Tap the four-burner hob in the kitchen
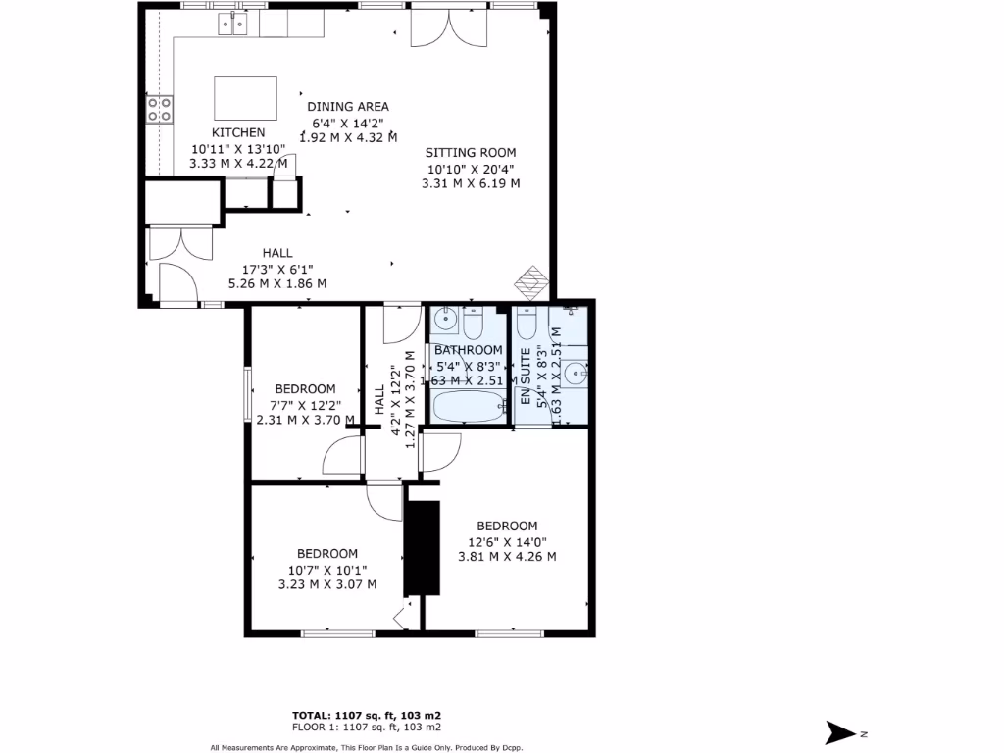pos(160,108)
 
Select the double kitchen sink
pos(233,23)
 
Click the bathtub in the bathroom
pos(468,406)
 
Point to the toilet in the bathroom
pos(474,322)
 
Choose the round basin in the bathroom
pos(446,319)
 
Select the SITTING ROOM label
pos(470,152)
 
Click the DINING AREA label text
pos(348,106)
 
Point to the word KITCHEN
pos(238,132)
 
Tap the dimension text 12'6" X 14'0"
pos(507,541)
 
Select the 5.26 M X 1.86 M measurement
pos(277,283)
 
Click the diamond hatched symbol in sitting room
pos(532,281)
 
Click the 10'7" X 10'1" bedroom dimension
pos(326,569)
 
